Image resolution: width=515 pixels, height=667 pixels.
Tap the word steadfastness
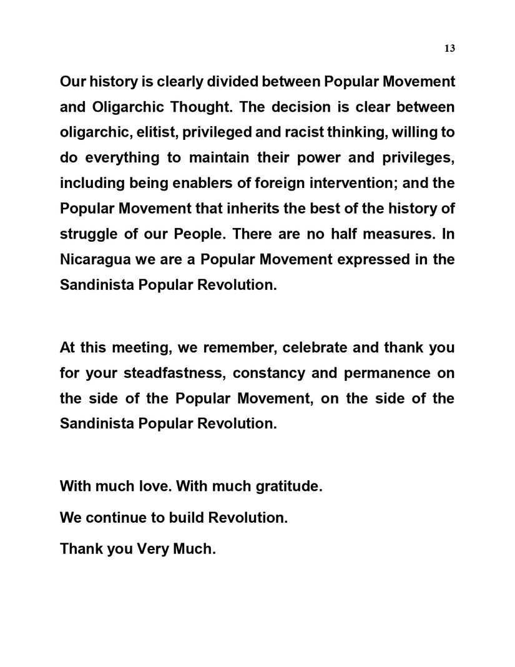[170, 373]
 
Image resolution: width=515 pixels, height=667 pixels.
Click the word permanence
[380, 373]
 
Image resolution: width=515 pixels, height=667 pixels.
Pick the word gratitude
[286, 485]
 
